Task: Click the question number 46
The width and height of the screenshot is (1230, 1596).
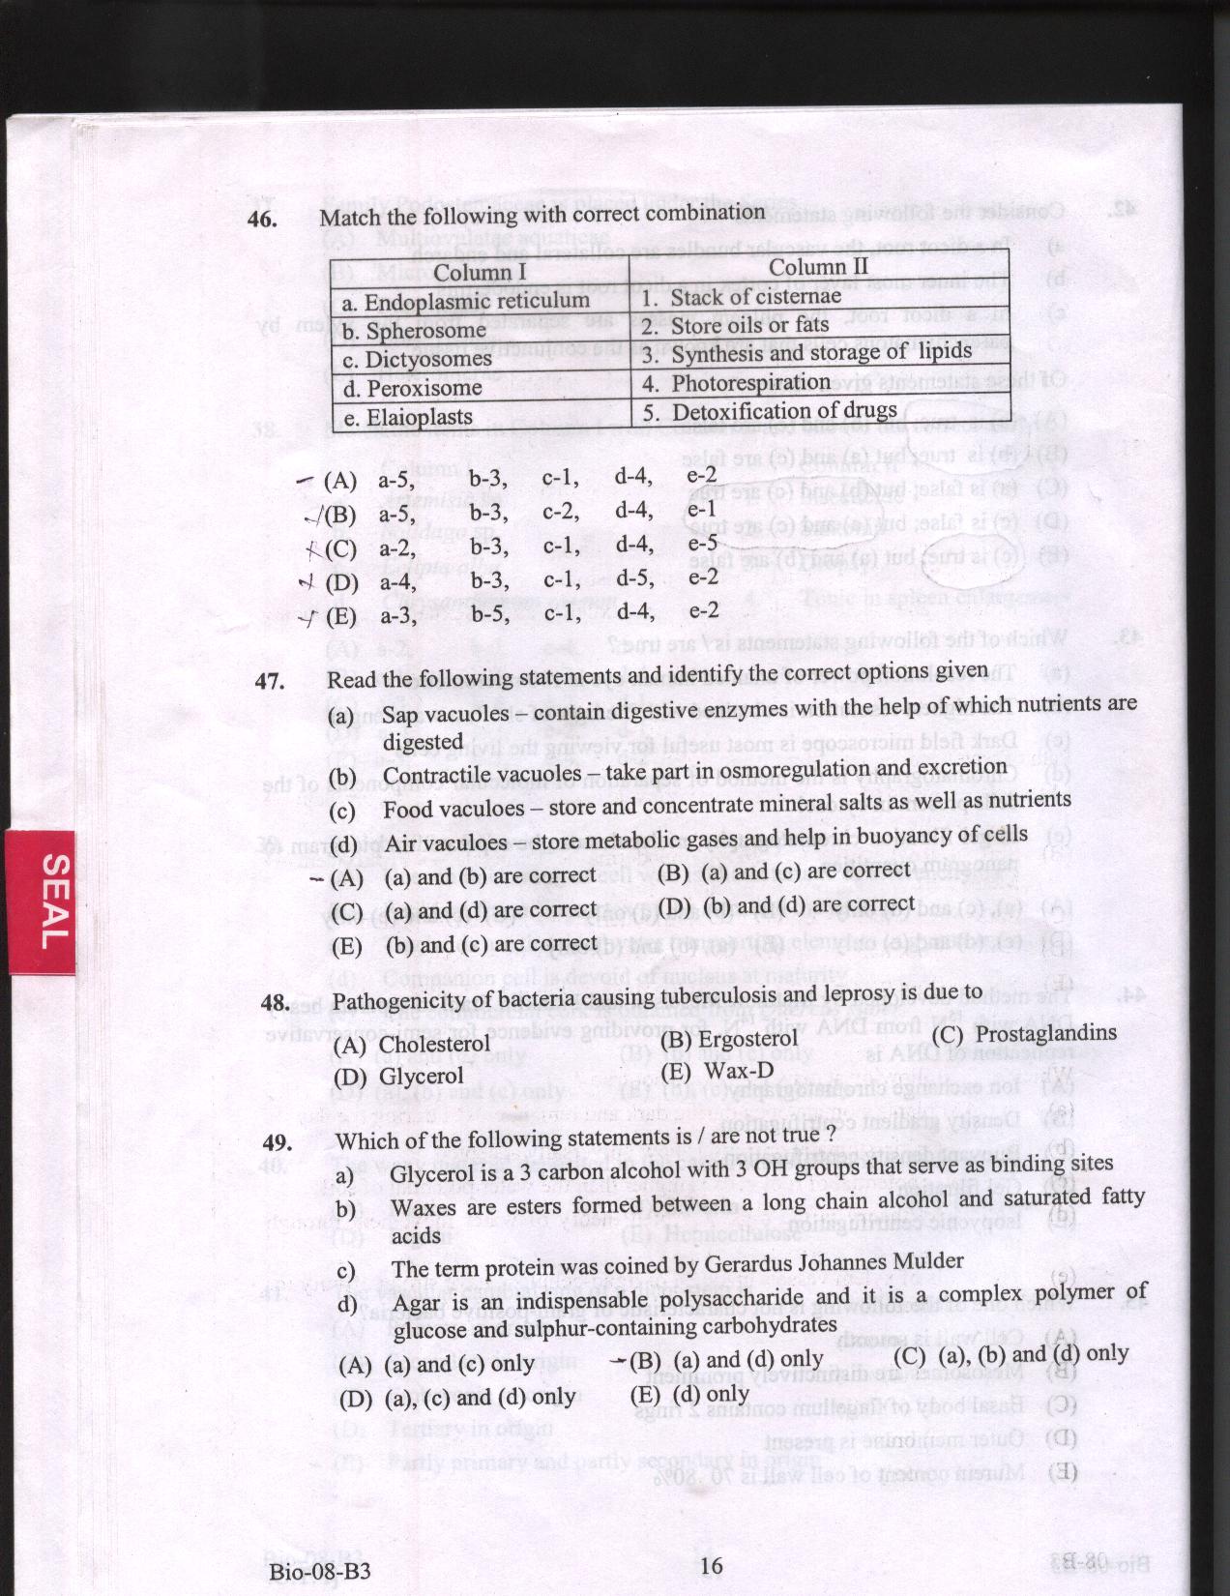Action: pos(263,220)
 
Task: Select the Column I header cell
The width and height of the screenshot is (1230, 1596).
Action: pos(480,273)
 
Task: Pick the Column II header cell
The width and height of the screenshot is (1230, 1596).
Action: pos(818,266)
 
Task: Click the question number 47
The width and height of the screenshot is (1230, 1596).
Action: pos(269,681)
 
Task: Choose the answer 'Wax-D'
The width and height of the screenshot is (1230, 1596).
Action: pos(739,1071)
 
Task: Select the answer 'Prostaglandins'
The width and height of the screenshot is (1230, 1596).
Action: pos(1045,1032)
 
